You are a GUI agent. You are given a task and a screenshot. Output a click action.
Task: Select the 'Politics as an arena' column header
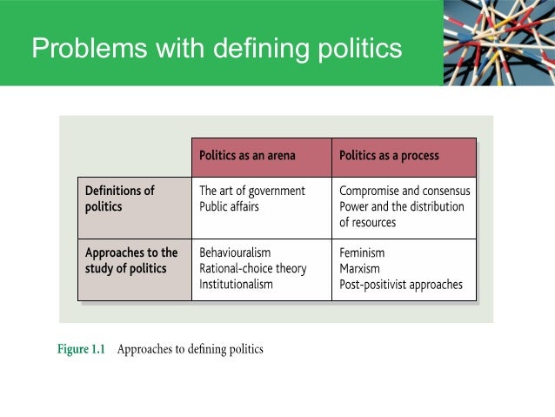[247, 156]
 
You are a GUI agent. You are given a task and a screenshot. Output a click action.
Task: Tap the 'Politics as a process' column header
[389, 156]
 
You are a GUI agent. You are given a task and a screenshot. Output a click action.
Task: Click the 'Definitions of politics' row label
[119, 198]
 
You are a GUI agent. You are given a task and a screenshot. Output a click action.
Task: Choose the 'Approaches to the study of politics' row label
[130, 260]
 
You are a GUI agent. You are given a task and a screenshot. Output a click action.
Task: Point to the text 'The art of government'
[252, 191]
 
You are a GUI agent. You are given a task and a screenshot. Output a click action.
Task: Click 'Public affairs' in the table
[229, 207]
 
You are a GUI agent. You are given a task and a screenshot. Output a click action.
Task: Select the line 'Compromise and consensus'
[405, 191]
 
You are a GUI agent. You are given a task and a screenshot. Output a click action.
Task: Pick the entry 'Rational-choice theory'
[253, 268]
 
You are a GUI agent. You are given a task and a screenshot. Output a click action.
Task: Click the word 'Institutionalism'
[236, 284]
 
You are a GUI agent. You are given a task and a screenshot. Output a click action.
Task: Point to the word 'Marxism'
[359, 268]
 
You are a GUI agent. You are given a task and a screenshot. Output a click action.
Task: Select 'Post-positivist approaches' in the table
[401, 284]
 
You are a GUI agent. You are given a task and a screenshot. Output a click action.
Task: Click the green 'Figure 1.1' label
[81, 350]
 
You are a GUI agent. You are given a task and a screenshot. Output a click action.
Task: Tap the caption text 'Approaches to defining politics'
[190, 350]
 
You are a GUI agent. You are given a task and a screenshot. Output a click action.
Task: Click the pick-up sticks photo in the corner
[498, 43]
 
